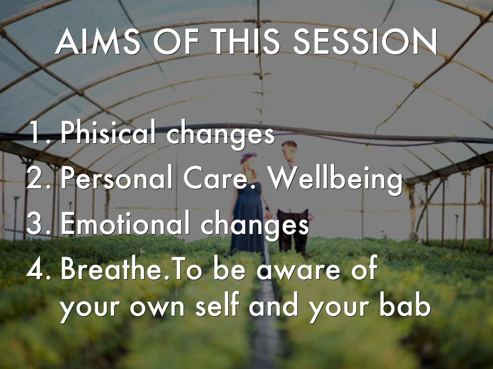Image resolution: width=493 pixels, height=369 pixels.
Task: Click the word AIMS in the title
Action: pyautogui.click(x=97, y=42)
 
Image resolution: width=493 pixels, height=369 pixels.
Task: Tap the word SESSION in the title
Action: pyautogui.click(x=365, y=42)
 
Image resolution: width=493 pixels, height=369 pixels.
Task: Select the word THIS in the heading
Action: pyautogui.click(x=246, y=42)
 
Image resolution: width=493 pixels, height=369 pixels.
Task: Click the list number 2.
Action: pyautogui.click(x=38, y=178)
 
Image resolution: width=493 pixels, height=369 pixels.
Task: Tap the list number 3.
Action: pyautogui.click(x=38, y=224)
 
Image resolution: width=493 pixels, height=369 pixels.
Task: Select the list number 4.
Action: pyautogui.click(x=38, y=269)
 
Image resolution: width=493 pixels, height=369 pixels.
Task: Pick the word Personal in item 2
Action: pyautogui.click(x=117, y=177)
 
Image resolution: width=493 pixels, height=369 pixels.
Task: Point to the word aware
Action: pyautogui.click(x=298, y=271)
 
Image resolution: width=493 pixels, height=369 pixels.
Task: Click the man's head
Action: pyautogui.click(x=289, y=150)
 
